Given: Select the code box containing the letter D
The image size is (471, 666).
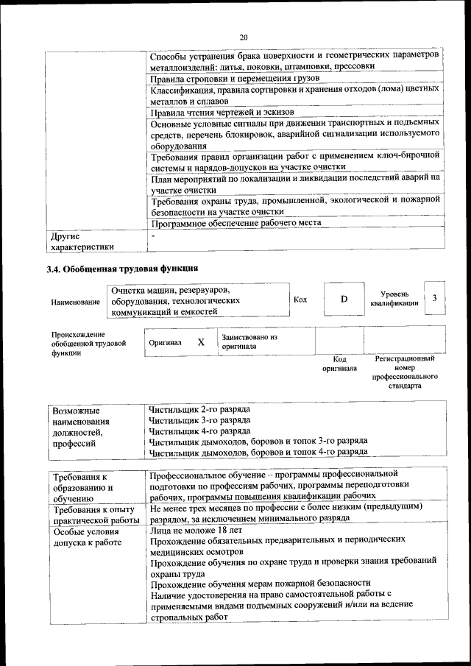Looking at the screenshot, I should click(x=343, y=300).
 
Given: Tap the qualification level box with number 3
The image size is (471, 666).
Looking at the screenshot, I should click(x=435, y=298).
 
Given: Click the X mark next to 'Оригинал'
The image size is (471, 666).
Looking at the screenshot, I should click(x=201, y=342).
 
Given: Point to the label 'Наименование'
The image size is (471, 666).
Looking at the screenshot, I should click(x=76, y=302).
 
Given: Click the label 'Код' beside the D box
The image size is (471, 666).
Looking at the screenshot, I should click(x=300, y=300).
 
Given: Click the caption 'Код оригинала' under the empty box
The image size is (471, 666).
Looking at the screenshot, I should click(x=339, y=364).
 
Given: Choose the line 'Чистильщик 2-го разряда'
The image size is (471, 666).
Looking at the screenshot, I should click(x=199, y=409).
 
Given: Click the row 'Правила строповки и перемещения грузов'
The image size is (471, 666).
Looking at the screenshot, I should click(x=235, y=78).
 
